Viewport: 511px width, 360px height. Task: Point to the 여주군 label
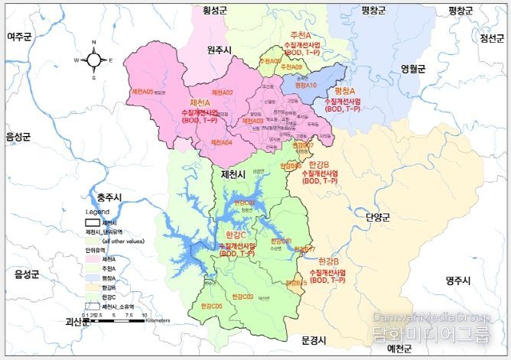[21, 37]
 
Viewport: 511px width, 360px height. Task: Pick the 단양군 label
[378, 217]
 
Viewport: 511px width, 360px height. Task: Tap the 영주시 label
[461, 281]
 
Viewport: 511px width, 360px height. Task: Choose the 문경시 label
[314, 339]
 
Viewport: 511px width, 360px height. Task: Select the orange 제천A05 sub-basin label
[143, 91]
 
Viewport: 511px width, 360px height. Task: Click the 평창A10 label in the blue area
[305, 86]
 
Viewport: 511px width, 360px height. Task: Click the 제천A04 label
[221, 142]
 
